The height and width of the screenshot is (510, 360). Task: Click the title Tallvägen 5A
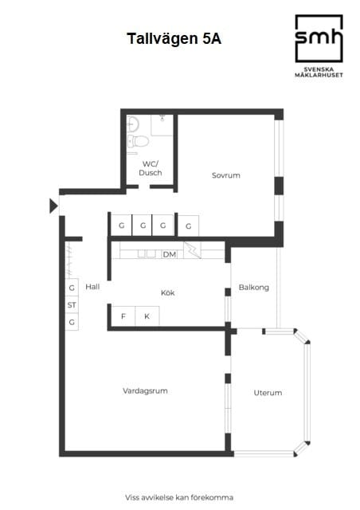[x=174, y=37]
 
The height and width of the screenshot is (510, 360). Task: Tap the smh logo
[x=319, y=37]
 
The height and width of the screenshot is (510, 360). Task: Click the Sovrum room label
[x=226, y=175]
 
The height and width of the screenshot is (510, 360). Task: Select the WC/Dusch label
[x=151, y=168]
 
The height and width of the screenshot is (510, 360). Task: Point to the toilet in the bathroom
[x=139, y=142]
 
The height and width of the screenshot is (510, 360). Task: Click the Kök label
[x=167, y=292]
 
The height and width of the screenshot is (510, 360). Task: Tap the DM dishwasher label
[x=169, y=254]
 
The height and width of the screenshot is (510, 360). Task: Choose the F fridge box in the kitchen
[x=123, y=316]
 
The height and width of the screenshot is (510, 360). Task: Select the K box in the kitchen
[x=147, y=316]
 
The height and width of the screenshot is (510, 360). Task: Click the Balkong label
[x=253, y=287]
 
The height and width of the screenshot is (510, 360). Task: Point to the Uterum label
[x=268, y=393]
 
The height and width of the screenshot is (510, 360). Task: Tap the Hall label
[x=92, y=287]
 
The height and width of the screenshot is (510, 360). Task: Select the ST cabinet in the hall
[x=72, y=304]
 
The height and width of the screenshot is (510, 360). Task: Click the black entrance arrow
[x=53, y=206]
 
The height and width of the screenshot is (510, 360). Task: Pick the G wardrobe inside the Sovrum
[x=188, y=226]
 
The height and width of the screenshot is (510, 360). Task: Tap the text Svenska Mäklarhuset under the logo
[x=319, y=73]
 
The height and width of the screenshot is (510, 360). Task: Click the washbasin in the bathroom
[x=132, y=124]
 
